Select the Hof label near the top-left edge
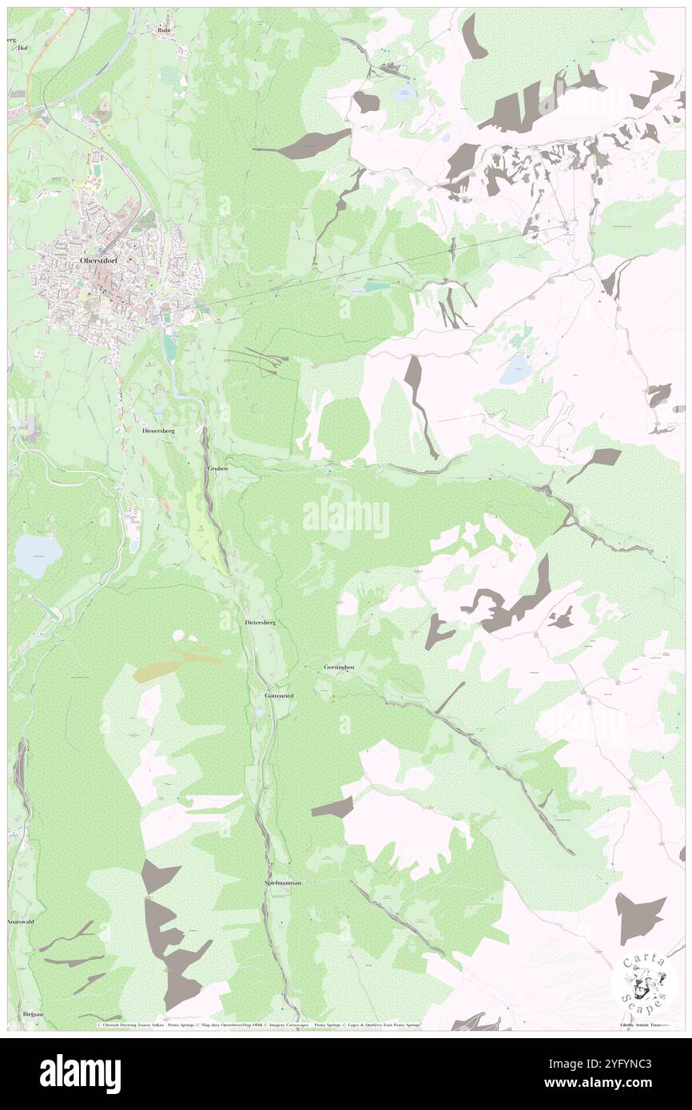pyautogui.click(x=22, y=48)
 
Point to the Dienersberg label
pyautogui.click(x=158, y=430)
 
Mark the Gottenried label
pyautogui.click(x=279, y=696)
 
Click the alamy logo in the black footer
pyautogui.click(x=80, y=1073)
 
